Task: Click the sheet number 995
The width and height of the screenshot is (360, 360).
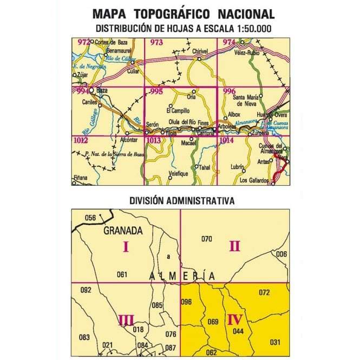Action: [x=156, y=92]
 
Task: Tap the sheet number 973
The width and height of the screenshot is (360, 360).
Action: [x=156, y=43]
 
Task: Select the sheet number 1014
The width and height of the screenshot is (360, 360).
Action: [x=227, y=141]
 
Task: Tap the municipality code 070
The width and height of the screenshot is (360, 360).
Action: [x=206, y=239]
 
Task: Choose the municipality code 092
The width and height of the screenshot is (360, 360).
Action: [x=86, y=290]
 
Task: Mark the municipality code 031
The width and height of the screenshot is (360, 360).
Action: [x=275, y=342]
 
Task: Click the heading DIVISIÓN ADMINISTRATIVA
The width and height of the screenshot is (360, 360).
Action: [x=181, y=200]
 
